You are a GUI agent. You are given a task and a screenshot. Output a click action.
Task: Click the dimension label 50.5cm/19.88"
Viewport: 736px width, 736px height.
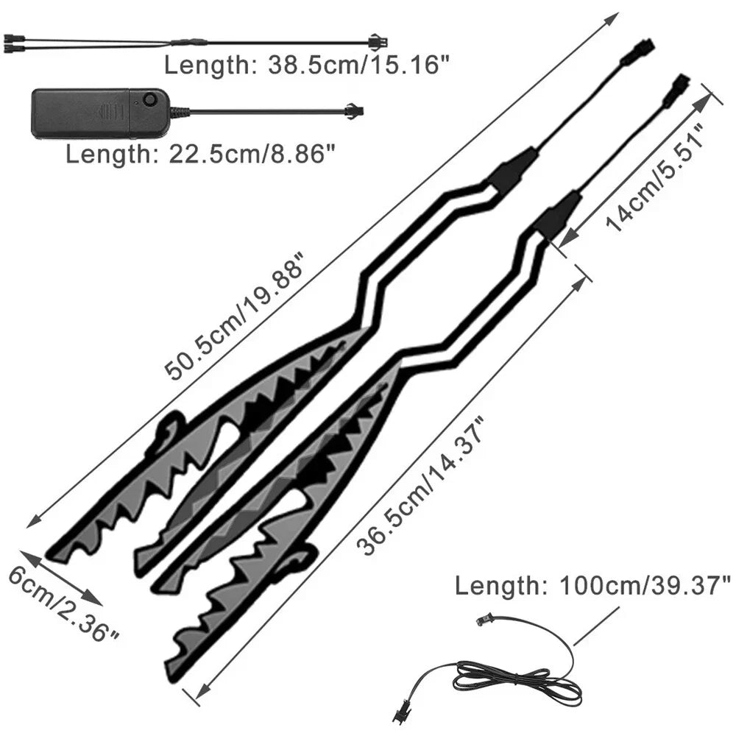235,316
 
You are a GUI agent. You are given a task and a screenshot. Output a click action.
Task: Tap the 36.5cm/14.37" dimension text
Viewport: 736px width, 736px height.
420,486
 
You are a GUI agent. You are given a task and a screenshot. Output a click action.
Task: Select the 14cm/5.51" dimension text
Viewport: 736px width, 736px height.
656,177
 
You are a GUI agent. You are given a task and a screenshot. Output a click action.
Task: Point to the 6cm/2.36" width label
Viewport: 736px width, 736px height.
63,604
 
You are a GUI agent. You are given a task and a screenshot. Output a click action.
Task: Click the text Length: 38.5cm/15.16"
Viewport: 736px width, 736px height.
307,65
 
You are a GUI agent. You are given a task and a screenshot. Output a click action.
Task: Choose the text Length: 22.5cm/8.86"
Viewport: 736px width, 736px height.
202,154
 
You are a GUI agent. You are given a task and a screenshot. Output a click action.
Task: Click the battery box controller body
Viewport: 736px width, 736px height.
100,113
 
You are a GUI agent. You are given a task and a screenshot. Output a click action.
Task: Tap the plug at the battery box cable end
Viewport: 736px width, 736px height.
355,112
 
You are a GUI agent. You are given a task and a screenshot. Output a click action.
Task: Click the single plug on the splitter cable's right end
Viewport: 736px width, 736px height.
378,42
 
